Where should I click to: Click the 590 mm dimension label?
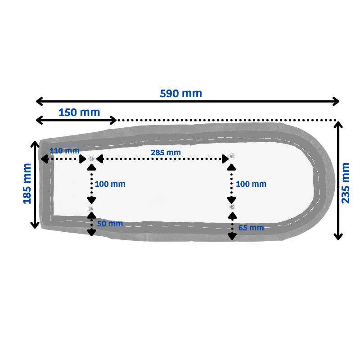(x=181, y=94)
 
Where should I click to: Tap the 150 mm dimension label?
(x=79, y=112)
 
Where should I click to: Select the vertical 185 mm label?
(x=27, y=184)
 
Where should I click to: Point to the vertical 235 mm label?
(x=346, y=183)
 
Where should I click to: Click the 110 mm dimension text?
(x=64, y=151)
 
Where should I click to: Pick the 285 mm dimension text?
(x=166, y=153)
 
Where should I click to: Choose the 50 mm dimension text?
(x=110, y=224)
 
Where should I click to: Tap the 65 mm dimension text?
(x=251, y=228)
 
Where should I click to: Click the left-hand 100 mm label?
(x=110, y=184)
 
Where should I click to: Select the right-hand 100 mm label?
(x=251, y=184)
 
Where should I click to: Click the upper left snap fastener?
(x=91, y=159)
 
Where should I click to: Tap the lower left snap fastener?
(x=91, y=209)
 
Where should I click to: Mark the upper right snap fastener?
(x=232, y=156)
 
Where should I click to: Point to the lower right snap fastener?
(x=232, y=207)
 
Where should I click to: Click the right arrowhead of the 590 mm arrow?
(x=336, y=101)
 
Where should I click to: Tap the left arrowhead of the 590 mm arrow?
(x=39, y=101)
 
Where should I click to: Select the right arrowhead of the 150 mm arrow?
(x=114, y=120)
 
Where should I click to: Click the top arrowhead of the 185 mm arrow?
(x=35, y=144)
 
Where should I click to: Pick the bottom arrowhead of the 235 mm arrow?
(x=338, y=237)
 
